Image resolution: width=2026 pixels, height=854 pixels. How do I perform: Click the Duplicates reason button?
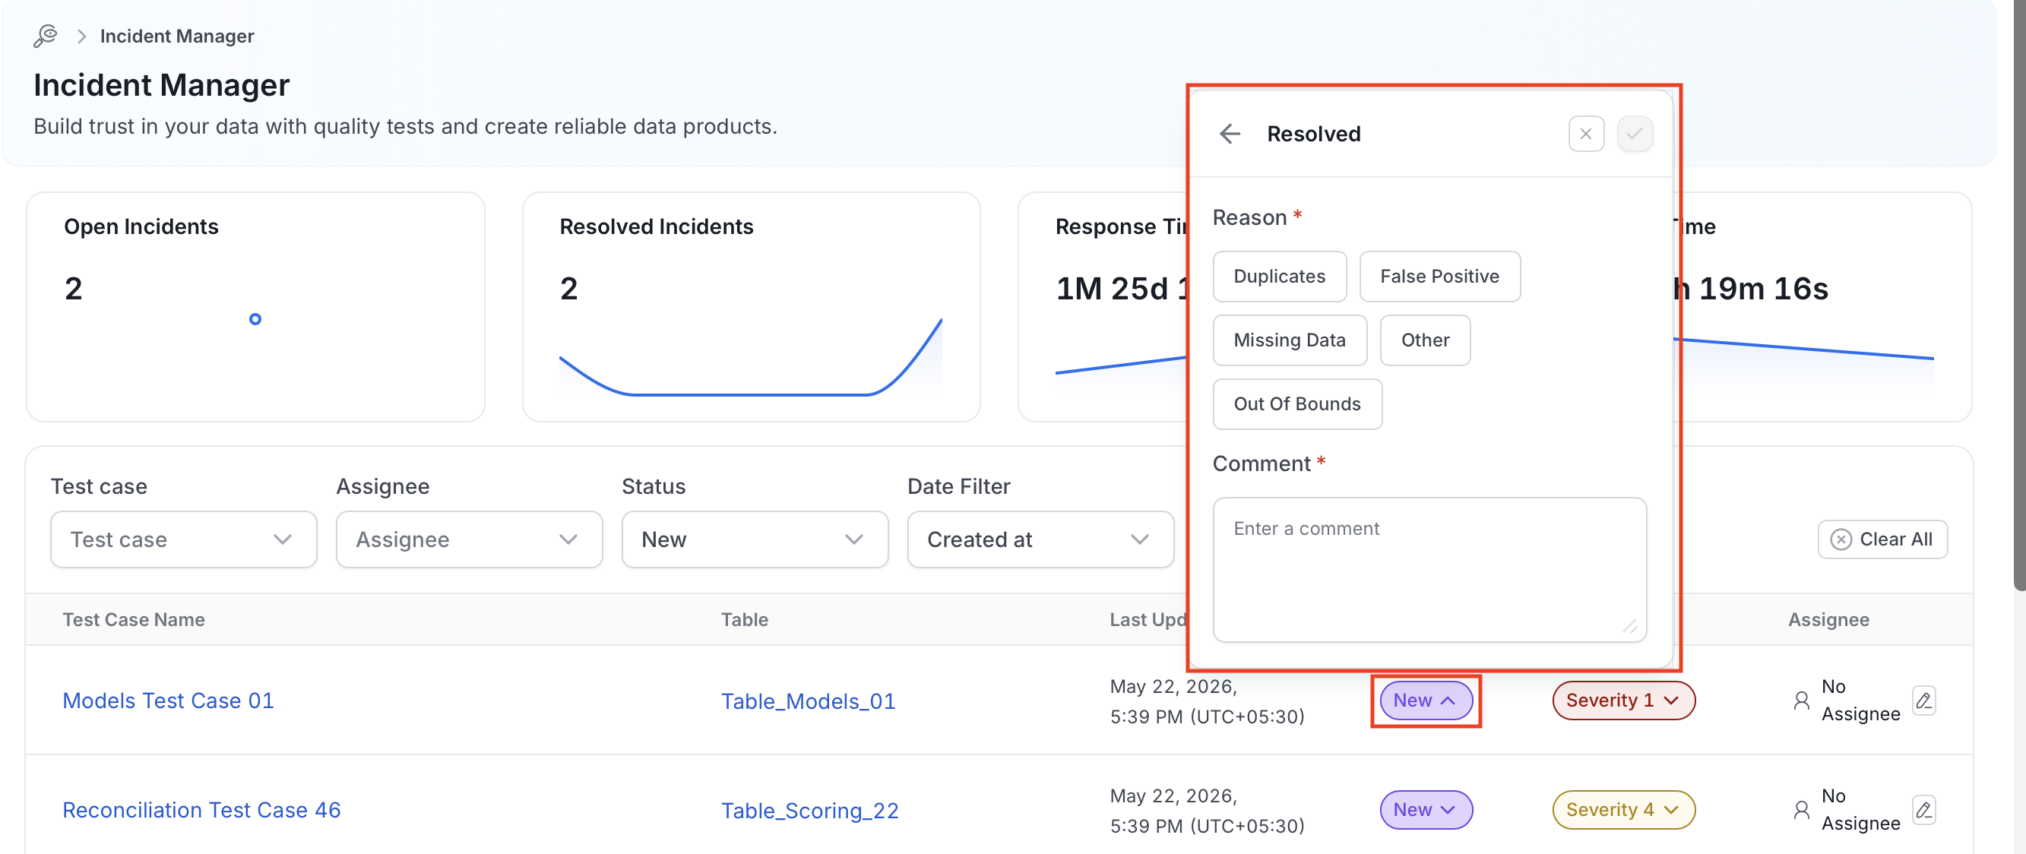[x=1279, y=276]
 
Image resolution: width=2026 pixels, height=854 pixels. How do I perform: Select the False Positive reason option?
[x=1439, y=276]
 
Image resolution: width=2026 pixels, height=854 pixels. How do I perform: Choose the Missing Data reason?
[x=1289, y=340]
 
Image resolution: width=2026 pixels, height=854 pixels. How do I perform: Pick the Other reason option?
[x=1424, y=340]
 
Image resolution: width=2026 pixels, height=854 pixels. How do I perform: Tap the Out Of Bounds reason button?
[x=1297, y=403]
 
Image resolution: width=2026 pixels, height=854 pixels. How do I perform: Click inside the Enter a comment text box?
[x=1429, y=568]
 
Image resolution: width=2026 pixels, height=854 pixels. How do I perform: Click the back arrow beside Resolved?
[x=1230, y=134]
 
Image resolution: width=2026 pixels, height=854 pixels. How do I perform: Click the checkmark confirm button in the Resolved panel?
[x=1635, y=134]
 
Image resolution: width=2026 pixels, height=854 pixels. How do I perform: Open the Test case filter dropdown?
[x=183, y=539]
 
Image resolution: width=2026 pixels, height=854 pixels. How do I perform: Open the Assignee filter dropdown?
[x=469, y=539]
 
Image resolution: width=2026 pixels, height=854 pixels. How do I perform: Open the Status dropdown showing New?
[x=755, y=539]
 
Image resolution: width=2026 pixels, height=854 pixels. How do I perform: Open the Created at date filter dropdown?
[x=1040, y=539]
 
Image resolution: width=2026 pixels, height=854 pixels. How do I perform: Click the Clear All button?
[x=1882, y=539]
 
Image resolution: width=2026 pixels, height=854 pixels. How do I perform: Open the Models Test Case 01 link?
[x=168, y=700]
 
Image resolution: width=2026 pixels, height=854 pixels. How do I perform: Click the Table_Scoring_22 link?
[x=809, y=810]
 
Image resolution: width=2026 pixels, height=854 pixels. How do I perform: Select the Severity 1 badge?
[x=1622, y=700]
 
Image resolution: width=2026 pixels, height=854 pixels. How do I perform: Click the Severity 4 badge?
[x=1622, y=809]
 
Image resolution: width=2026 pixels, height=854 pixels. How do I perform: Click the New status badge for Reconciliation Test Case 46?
[x=1425, y=809]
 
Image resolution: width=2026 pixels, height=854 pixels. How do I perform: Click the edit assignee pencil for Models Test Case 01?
[x=1923, y=700]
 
